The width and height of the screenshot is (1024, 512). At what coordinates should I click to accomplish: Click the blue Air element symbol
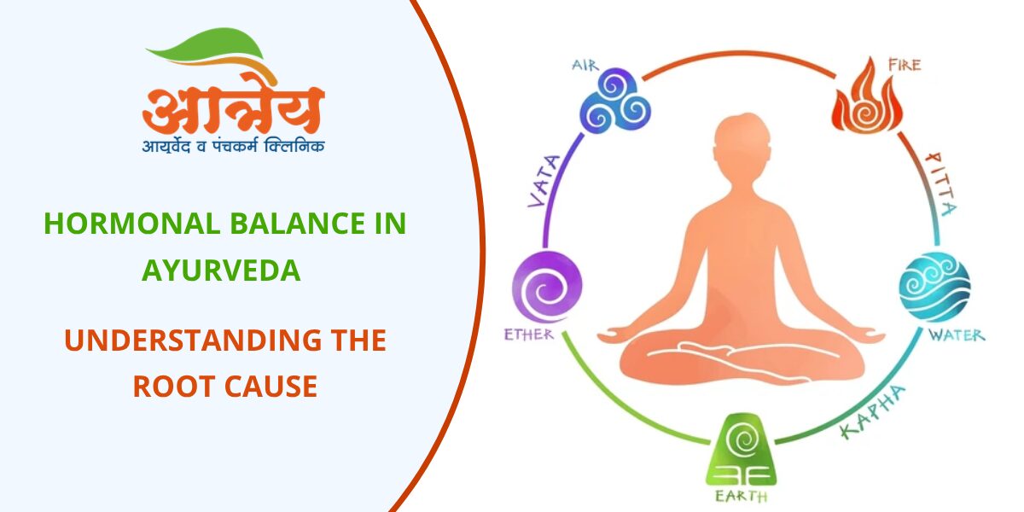pos(615,100)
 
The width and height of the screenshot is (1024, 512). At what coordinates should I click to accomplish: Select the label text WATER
pos(956,335)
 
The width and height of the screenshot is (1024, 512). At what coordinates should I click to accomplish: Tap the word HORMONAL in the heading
pos(116,224)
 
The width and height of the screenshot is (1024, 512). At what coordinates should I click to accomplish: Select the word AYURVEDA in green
pos(221,271)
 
